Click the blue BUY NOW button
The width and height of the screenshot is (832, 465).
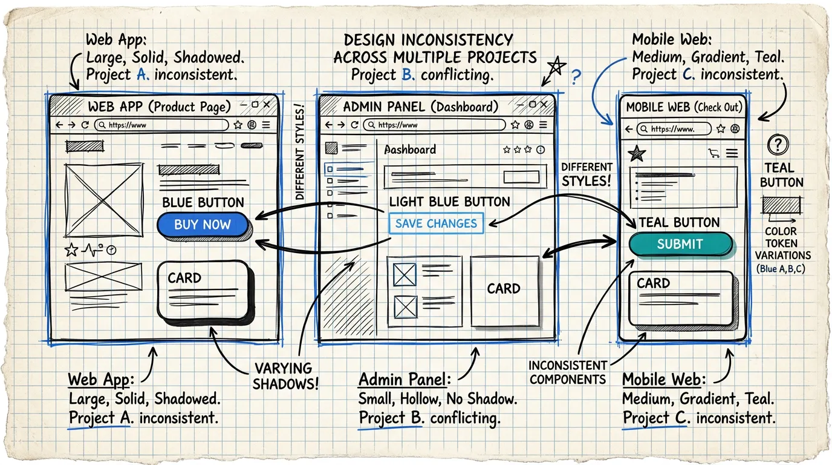203,225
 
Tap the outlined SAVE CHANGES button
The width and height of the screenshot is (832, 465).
436,223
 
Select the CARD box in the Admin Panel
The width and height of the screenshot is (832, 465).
504,289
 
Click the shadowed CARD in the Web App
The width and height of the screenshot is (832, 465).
203,290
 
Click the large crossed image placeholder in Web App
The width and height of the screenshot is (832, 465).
101,197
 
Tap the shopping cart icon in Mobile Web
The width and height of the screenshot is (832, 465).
714,154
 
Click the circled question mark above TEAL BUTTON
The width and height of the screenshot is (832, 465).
778,145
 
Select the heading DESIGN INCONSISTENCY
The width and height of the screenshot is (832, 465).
428,41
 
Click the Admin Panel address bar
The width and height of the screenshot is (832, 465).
434,125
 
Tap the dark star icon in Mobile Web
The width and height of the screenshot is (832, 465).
636,154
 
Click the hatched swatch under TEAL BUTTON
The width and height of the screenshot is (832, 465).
781,206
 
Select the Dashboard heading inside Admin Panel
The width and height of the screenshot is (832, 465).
410,150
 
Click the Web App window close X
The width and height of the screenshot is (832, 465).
268,105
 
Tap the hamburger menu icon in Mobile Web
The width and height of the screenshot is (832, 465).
732,154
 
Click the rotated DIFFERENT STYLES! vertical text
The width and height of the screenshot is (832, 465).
300,152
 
